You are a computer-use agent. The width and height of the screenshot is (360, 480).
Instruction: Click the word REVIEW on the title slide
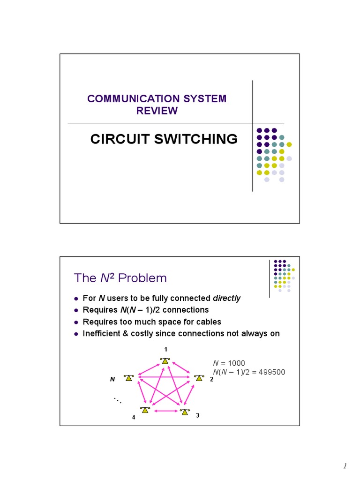click(157, 111)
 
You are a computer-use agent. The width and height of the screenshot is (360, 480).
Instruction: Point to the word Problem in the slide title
click(142, 278)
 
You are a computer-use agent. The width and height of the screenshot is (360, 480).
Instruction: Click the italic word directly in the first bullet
click(226, 299)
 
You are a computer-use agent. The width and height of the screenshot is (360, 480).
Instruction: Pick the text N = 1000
click(229, 363)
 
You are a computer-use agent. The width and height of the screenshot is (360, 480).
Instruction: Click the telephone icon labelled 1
click(165, 361)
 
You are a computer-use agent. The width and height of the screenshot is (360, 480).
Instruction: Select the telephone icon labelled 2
click(199, 377)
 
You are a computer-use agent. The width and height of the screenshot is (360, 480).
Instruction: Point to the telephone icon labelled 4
click(145, 410)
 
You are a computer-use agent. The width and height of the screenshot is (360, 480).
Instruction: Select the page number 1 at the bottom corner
click(345, 466)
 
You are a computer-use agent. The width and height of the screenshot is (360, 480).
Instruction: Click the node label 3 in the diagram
click(197, 415)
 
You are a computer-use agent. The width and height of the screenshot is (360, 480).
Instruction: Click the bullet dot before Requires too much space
click(76, 322)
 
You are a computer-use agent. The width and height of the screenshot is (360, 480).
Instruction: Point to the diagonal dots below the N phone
click(117, 400)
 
